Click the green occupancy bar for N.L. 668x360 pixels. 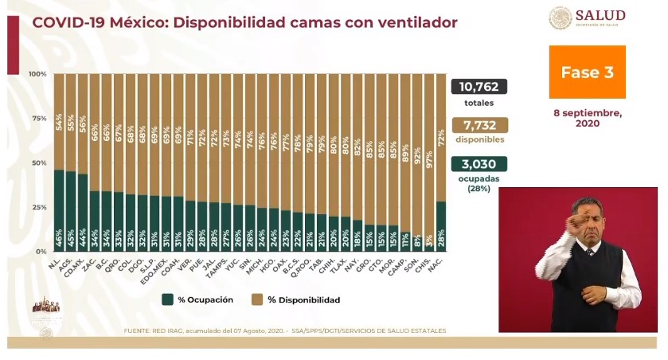pyautogui.click(x=59, y=210)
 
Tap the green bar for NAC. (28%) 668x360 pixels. pyautogui.click(x=441, y=226)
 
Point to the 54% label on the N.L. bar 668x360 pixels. pyautogui.click(x=59, y=122)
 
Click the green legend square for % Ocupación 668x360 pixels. pyautogui.click(x=167, y=299)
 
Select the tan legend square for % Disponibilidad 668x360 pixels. pyautogui.click(x=256, y=299)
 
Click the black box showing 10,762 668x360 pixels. pyautogui.click(x=479, y=87)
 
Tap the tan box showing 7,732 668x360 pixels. pyautogui.click(x=479, y=125)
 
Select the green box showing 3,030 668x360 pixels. pyautogui.click(x=479, y=163)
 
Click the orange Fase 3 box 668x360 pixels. pyautogui.click(x=587, y=72)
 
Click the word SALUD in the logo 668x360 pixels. pyautogui.click(x=600, y=15)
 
